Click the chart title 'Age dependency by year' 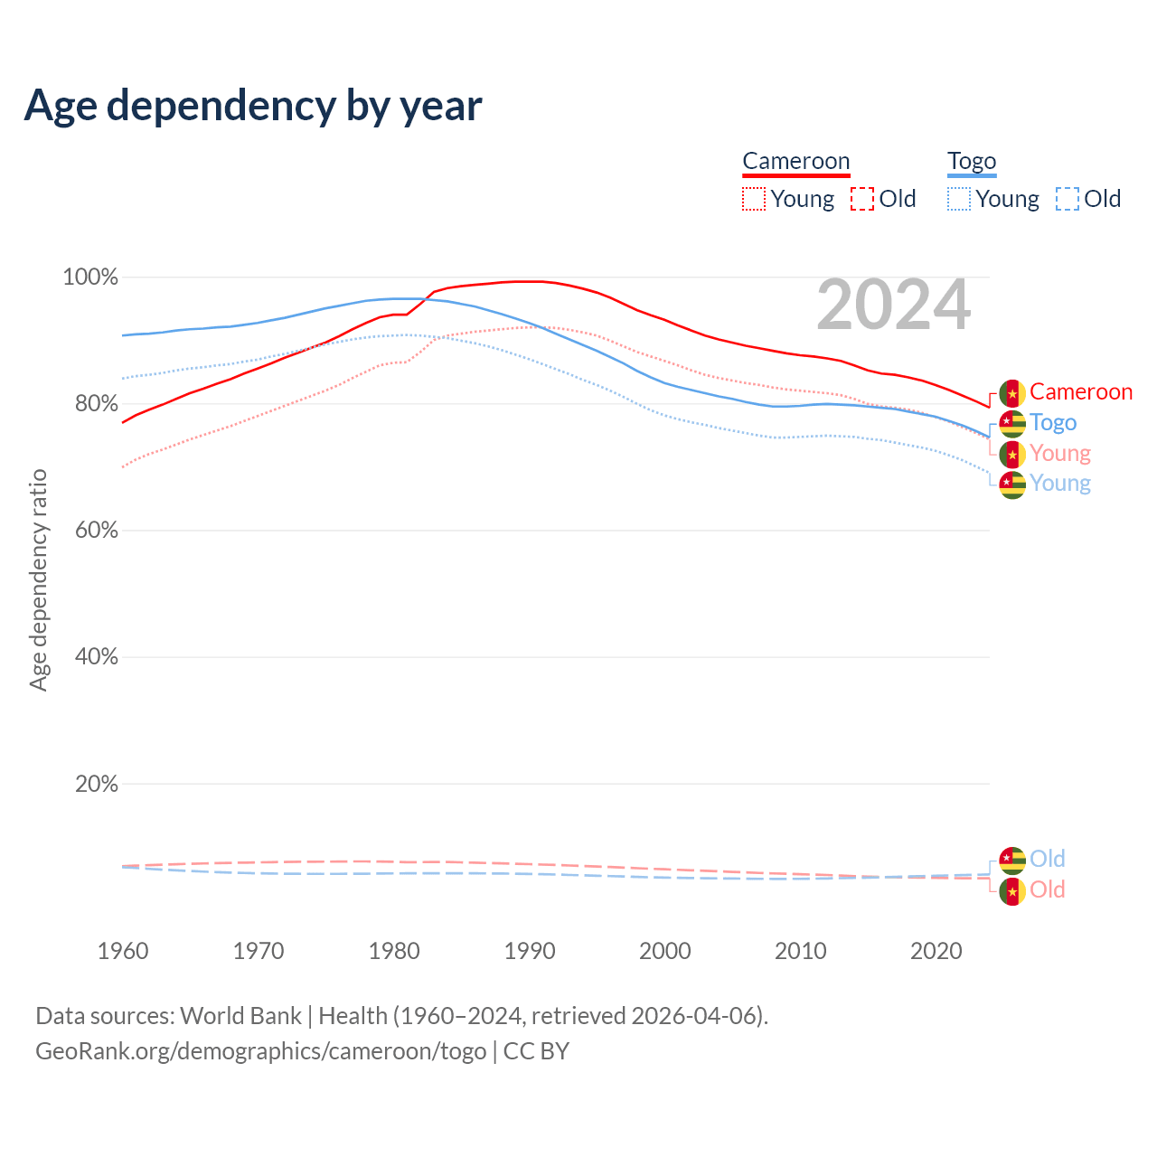point(253,106)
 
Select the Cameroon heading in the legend point(795,161)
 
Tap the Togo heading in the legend point(972,161)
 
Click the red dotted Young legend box point(754,199)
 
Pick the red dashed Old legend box point(862,199)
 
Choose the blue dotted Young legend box point(959,199)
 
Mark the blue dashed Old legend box point(1068,199)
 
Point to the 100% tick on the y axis point(90,277)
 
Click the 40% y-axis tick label point(96,657)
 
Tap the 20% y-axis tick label point(96,784)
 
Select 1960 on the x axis point(123,951)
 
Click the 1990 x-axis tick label point(530,951)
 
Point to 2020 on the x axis point(936,951)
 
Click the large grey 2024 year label point(893,306)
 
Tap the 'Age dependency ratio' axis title point(38,579)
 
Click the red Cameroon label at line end point(1081,391)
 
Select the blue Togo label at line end point(1053,422)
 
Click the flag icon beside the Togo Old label point(1012,860)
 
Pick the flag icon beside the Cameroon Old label point(1012,891)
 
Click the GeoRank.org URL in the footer point(260,1051)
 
